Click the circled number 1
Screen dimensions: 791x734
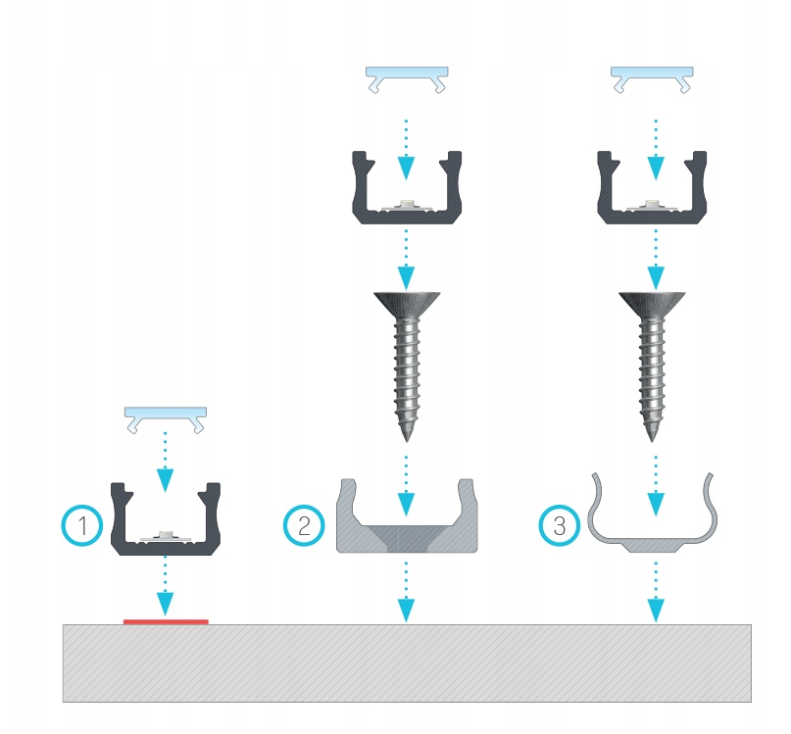pos(82,525)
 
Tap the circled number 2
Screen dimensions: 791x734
pos(304,525)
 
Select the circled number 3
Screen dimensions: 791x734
pos(560,525)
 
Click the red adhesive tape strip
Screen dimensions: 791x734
pos(166,621)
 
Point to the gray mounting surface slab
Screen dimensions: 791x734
pos(407,662)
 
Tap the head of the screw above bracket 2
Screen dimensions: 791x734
pos(407,304)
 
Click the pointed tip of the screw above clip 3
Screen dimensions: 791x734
pos(652,441)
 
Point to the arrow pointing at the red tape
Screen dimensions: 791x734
pos(165,586)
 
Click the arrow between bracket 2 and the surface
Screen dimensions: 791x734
pos(406,591)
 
